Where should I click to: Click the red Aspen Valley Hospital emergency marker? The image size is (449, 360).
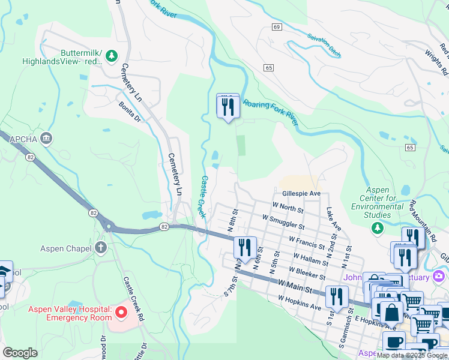121,313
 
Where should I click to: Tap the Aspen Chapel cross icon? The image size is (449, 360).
100,248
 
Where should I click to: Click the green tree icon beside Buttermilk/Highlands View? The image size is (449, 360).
111,56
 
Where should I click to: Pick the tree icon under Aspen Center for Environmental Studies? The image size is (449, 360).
377,227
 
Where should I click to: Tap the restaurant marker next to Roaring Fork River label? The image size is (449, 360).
228,107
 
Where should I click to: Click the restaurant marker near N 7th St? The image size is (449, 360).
245,247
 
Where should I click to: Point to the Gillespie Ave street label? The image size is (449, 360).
301,194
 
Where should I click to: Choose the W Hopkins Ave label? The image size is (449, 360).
300,302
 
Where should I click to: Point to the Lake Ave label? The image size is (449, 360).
334,220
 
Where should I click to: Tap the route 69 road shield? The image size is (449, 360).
276,27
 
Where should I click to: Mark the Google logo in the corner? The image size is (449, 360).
20,353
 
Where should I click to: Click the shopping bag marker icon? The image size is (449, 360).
391,312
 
